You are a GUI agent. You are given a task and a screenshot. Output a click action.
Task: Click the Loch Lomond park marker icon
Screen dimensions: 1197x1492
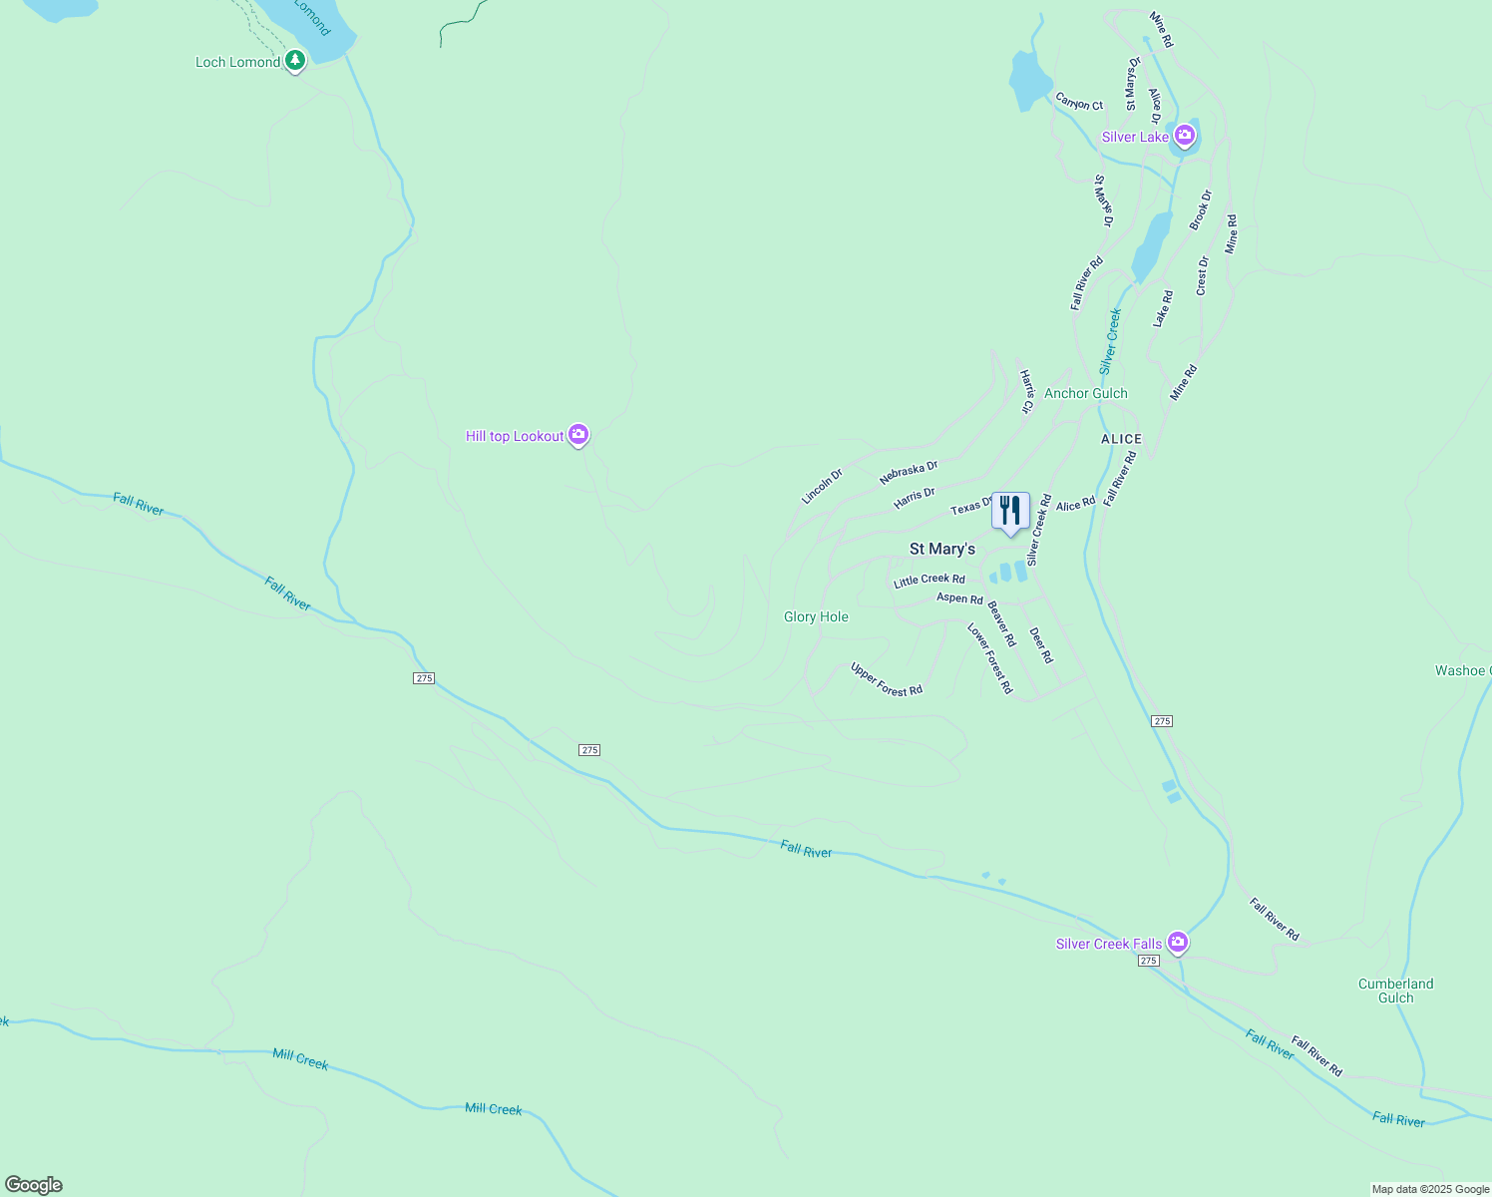tap(294, 61)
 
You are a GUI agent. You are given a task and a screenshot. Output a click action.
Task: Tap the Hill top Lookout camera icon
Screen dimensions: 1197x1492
tap(578, 435)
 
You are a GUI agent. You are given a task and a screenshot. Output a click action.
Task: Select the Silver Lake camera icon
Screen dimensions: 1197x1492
tap(1185, 136)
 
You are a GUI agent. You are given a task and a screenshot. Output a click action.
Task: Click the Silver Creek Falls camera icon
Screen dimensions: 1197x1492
tap(1178, 942)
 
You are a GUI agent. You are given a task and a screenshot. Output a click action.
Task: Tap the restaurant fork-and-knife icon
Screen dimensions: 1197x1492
tap(1010, 512)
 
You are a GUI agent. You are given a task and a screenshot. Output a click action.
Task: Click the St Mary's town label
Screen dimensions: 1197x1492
tap(941, 549)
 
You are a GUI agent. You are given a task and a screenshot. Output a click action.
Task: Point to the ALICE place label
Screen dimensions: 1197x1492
tap(1121, 439)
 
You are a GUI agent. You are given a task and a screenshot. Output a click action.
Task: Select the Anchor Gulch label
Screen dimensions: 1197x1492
tap(1085, 393)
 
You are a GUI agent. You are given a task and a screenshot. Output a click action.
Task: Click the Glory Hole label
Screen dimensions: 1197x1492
tap(816, 616)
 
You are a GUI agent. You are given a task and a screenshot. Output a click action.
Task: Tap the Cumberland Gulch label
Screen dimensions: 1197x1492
tap(1395, 991)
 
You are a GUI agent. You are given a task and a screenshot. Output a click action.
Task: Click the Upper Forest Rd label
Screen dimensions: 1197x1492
tap(886, 679)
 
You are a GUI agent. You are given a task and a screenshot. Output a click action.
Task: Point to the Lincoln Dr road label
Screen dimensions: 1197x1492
tap(822, 486)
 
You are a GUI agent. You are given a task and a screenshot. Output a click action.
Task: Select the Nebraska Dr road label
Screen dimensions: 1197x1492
tap(909, 473)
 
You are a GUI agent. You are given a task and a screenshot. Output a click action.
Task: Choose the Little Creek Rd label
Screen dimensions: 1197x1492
tap(929, 580)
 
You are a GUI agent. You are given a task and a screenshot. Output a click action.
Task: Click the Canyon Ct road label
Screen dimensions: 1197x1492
tap(1079, 102)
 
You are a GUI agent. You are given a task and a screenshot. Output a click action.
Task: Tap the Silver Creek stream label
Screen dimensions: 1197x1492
tap(1110, 341)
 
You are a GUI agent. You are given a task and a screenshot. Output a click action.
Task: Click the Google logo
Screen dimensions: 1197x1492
tap(34, 1185)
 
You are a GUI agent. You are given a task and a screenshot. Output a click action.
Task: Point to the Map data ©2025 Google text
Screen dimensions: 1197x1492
tap(1430, 1189)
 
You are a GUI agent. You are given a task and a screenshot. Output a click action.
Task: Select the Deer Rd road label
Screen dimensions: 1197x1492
tap(1040, 645)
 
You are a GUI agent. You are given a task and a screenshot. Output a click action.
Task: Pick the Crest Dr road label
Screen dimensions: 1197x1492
tap(1202, 276)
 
